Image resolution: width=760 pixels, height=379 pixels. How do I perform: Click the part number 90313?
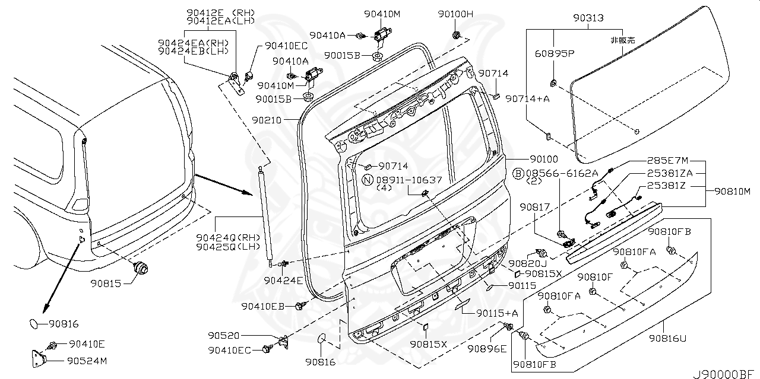[588, 18]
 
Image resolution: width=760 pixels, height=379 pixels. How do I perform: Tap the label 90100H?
[455, 14]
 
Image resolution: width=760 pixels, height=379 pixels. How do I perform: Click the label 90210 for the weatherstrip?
[266, 120]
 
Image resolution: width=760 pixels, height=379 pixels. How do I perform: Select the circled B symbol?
[518, 173]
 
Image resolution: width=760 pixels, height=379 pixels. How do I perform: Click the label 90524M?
[87, 360]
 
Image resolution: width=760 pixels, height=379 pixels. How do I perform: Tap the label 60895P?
[555, 53]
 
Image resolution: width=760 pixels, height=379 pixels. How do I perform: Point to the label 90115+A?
[498, 313]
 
